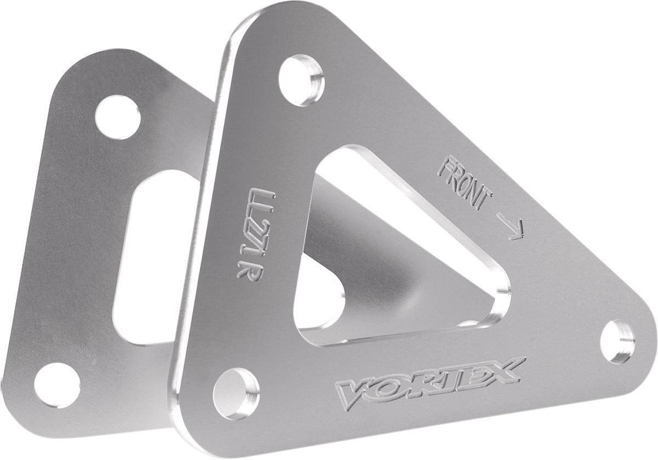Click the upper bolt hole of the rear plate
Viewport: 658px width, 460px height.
click(x=117, y=117)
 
